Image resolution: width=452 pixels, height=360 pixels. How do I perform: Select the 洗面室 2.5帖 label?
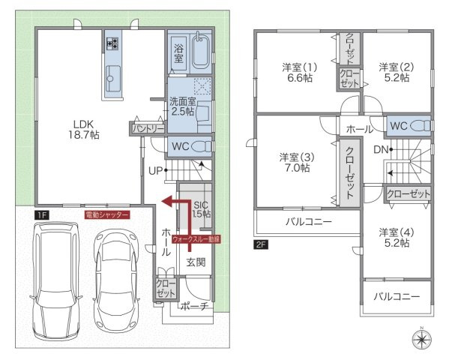181,106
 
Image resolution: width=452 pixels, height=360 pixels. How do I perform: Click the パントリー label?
148,129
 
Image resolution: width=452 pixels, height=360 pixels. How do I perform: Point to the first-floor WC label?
181,145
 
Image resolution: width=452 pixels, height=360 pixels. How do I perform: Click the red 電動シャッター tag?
106,214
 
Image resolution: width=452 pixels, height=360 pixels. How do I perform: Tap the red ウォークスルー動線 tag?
196,240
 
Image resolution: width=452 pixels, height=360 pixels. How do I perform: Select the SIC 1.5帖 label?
201,209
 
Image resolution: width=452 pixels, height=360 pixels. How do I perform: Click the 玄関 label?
196,262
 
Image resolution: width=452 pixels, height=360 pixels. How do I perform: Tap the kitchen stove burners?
113,43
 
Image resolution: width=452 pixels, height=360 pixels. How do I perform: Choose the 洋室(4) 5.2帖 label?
394,237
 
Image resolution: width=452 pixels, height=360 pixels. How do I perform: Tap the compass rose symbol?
422,340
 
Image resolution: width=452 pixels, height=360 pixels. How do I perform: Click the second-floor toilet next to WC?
422,126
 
